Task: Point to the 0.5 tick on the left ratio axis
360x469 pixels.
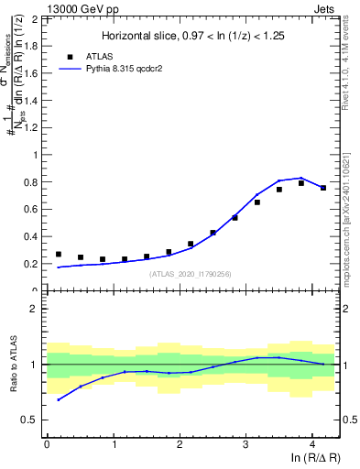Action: click(x=30, y=420)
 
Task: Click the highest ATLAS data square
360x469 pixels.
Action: click(x=300, y=183)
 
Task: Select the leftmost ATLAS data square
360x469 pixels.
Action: click(x=59, y=255)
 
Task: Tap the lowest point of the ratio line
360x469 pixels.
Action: click(x=59, y=399)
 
